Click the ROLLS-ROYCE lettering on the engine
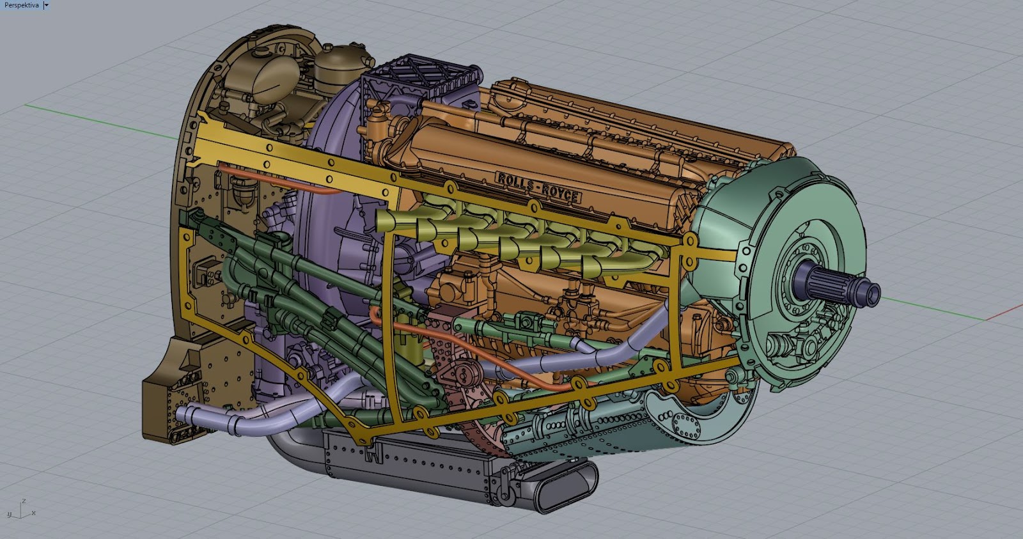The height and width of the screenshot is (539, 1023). (x=538, y=187)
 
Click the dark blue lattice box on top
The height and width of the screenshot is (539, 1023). (x=419, y=80)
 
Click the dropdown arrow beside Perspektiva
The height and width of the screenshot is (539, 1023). (x=46, y=5)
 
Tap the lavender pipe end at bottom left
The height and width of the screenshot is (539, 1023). (x=182, y=416)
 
